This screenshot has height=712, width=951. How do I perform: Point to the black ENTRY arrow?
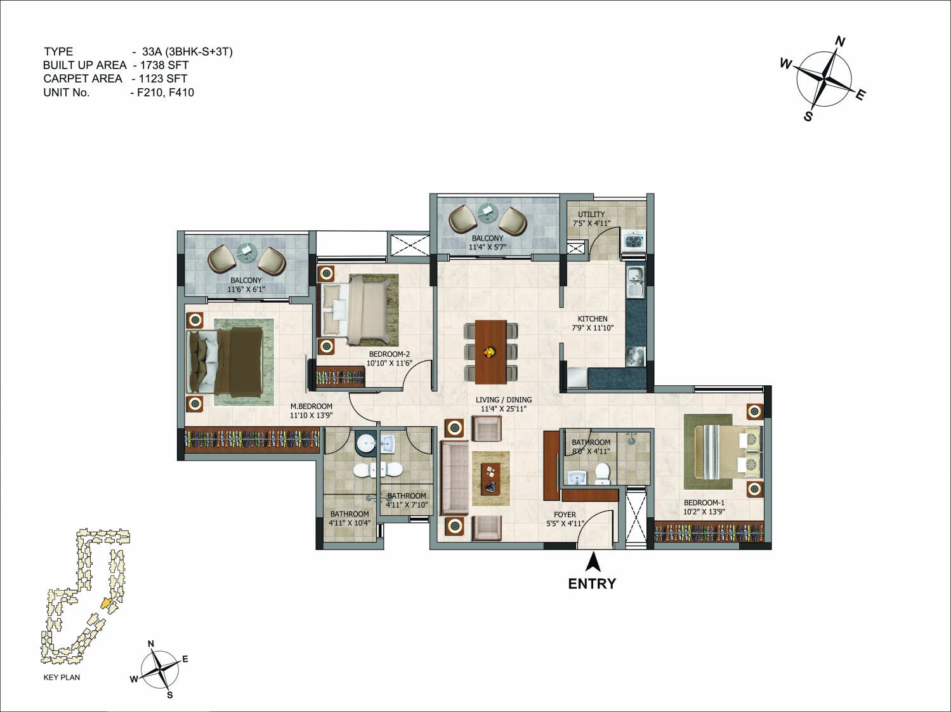click(593, 563)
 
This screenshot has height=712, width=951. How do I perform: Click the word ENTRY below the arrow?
click(592, 584)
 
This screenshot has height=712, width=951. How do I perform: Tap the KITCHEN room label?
click(593, 319)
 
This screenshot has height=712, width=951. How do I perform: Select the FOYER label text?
click(565, 515)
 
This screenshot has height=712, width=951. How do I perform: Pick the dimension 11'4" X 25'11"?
click(504, 408)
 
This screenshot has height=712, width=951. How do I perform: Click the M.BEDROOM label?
click(311, 406)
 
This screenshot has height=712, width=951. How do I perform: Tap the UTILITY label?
click(591, 214)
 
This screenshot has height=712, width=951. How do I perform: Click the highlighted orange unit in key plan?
click(105, 603)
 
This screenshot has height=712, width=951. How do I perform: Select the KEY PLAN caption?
click(62, 677)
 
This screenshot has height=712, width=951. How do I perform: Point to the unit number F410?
click(180, 92)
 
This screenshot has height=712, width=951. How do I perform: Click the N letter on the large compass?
click(839, 42)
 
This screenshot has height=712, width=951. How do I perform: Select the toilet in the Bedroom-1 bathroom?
click(601, 474)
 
